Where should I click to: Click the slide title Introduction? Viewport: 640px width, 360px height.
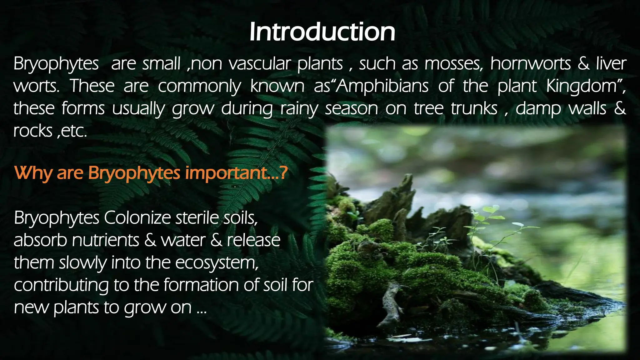coord(322,32)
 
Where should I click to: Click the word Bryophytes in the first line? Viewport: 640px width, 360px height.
coord(56,64)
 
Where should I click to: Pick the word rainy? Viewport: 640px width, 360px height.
coord(299,109)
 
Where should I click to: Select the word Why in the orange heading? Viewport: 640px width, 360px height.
coord(33,173)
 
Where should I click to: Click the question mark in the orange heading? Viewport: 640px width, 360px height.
coord(283,172)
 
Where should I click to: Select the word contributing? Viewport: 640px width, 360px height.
coord(61,285)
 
